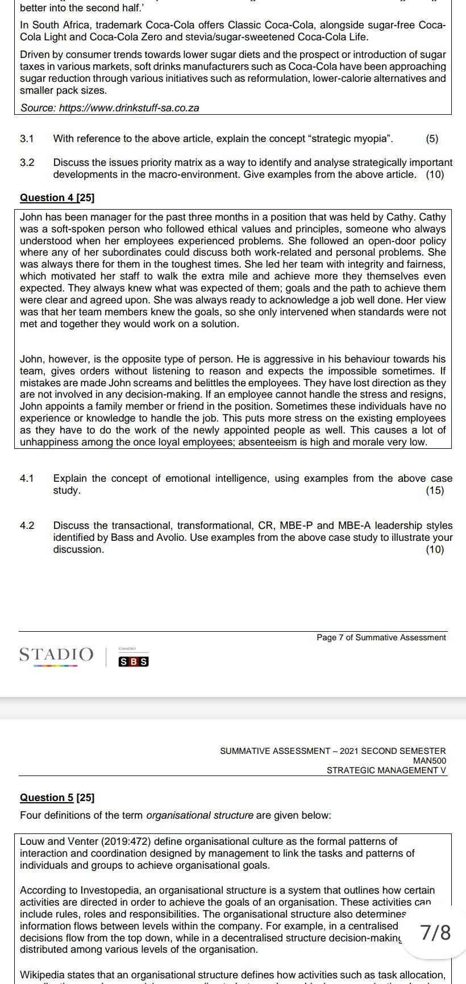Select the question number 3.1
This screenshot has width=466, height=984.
point(27,139)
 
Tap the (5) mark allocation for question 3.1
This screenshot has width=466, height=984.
point(431,139)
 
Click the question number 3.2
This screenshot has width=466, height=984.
point(27,162)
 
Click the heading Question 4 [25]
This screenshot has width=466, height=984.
point(57,198)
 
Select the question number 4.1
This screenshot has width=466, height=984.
point(27,478)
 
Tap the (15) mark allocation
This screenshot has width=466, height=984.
point(434,490)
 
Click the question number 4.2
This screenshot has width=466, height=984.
point(27,526)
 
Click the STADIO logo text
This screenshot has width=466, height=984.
point(56,654)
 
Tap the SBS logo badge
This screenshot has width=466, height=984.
point(134,662)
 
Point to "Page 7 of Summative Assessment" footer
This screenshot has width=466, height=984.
point(381,637)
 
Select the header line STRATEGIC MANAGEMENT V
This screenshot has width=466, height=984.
point(386,770)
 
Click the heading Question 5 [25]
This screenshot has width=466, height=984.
point(57,798)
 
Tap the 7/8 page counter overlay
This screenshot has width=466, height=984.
point(436,932)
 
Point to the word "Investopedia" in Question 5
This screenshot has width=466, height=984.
point(107,890)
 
